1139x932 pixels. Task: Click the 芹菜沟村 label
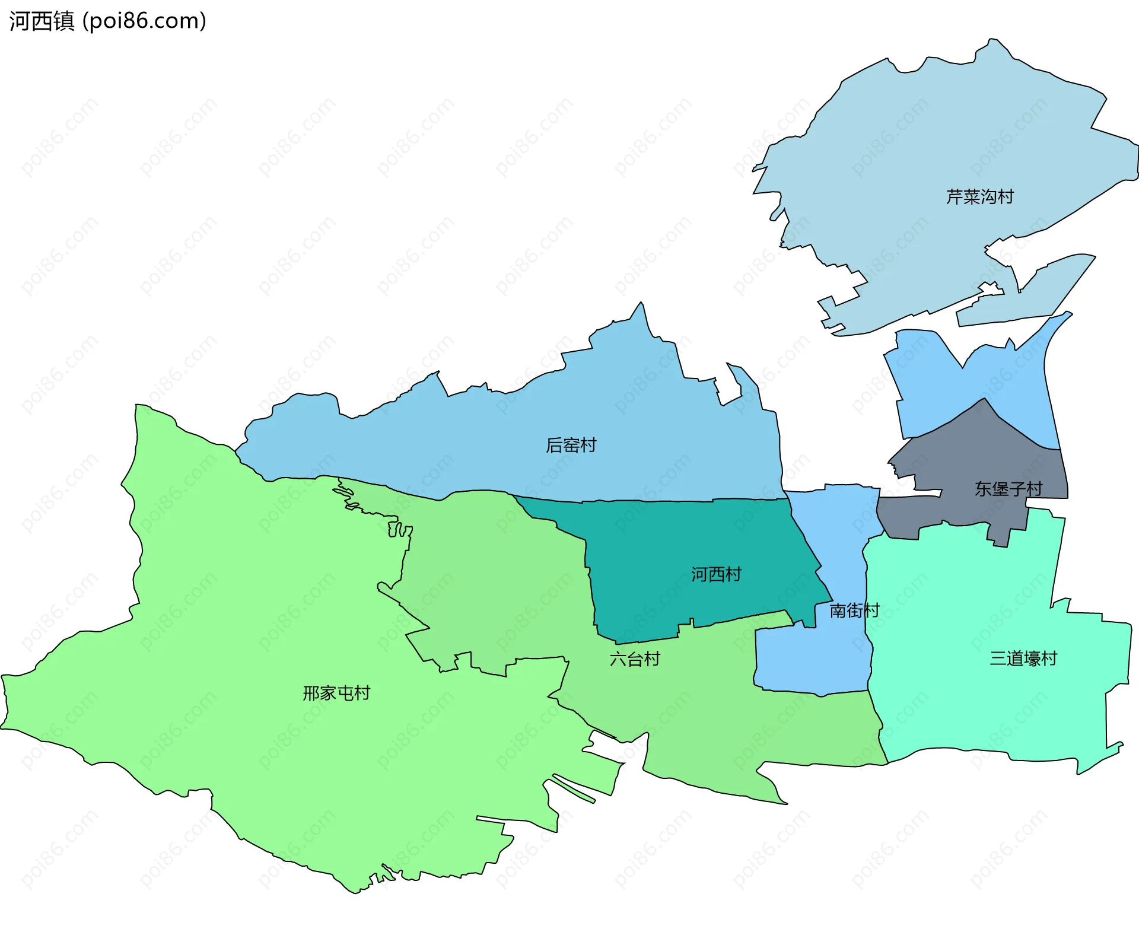pyautogui.click(x=979, y=197)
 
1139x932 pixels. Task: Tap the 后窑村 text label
pyautogui.click(x=571, y=445)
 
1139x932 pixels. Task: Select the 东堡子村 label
pyautogui.click(x=1008, y=489)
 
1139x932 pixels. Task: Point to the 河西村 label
pyautogui.click(x=716, y=574)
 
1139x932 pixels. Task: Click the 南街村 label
pyautogui.click(x=854, y=610)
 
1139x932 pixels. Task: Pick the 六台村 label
pyautogui.click(x=635, y=659)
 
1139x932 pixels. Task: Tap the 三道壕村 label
pyautogui.click(x=1023, y=659)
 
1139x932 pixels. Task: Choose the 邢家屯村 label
pyautogui.click(x=336, y=693)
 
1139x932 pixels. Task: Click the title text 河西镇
pyautogui.click(x=42, y=21)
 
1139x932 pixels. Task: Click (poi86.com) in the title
pyautogui.click(x=145, y=21)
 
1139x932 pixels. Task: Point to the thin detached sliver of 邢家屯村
pyautogui.click(x=572, y=788)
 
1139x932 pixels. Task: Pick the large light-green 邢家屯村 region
pyautogui.click(x=237, y=623)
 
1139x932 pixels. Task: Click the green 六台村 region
pyautogui.click(x=504, y=593)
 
